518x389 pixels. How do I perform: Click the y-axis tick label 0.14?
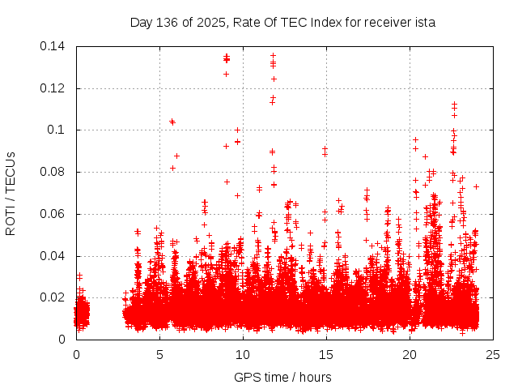pos(53,46)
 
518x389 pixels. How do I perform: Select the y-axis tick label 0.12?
pos(53,88)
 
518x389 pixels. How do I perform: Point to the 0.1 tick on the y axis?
pos(58,130)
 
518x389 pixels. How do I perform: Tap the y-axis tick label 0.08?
pos(53,172)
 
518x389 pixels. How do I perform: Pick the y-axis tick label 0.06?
pos(53,214)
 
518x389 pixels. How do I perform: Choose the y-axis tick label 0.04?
pos(53,256)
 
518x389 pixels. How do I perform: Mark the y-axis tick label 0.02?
pos(53,297)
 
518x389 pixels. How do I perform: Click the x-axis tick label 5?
pos(159,354)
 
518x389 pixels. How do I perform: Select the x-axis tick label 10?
pos(243,354)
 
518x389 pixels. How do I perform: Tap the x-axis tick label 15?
pos(326,354)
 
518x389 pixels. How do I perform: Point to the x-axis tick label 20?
pos(410,354)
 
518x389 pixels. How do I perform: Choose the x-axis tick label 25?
pos(493,354)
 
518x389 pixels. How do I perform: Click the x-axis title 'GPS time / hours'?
pos(282,377)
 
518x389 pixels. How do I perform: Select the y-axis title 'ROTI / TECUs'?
pos(11,193)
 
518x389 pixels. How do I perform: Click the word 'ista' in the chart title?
pos(425,23)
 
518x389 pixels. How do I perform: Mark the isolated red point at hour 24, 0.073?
pos(476,186)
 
